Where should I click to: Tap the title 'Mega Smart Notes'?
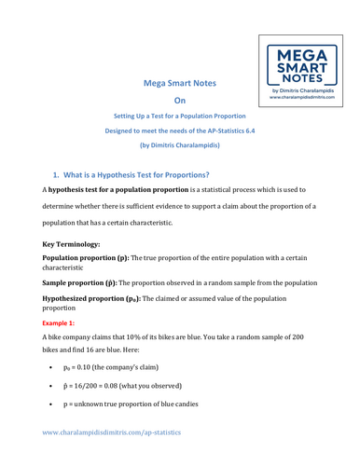tap(180, 83)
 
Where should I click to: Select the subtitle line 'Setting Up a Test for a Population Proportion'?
tap(179, 121)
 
